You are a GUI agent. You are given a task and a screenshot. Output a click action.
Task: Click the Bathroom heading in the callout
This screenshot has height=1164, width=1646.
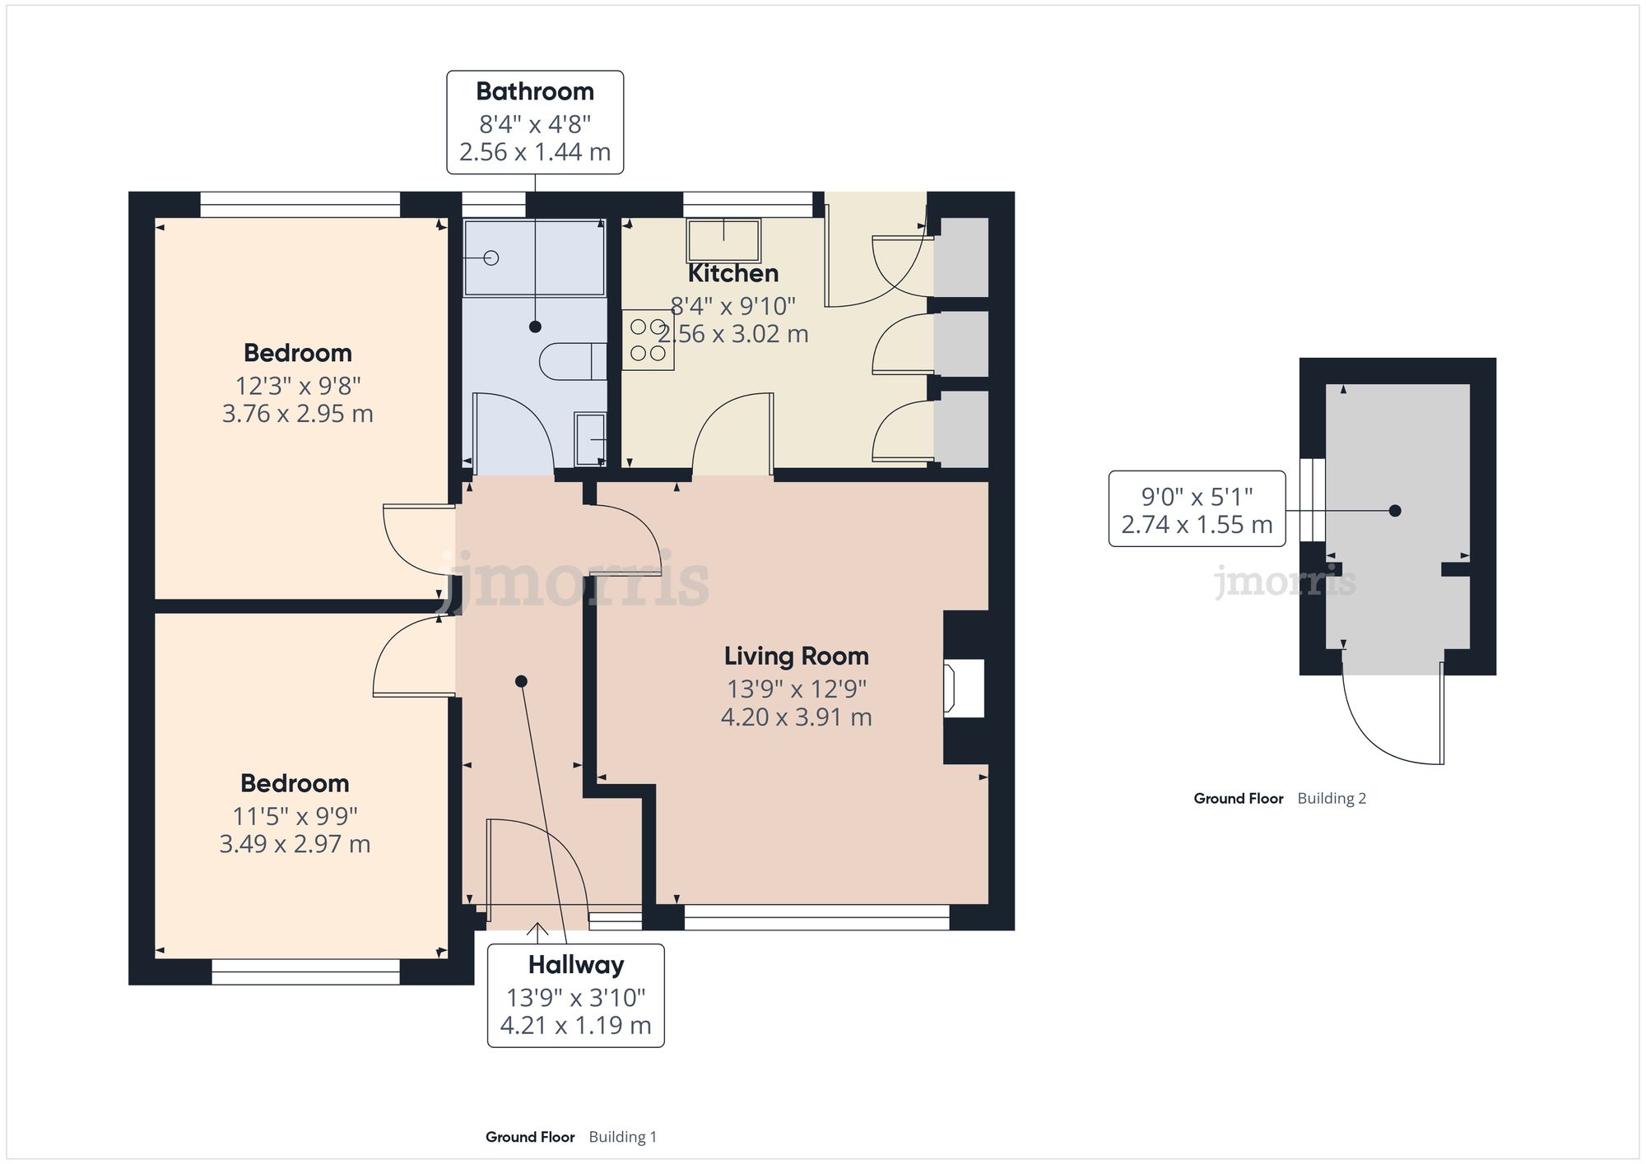pos(535,91)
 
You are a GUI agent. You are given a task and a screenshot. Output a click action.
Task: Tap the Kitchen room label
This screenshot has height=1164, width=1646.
pos(732,273)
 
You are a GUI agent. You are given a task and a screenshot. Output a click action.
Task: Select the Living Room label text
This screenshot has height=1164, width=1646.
pos(796,656)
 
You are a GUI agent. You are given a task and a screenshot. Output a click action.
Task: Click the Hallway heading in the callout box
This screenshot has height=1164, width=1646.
pos(576,964)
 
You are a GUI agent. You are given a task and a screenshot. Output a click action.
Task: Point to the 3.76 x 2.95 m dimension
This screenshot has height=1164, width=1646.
pos(297,413)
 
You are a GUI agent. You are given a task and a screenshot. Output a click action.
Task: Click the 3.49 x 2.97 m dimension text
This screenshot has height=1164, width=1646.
pos(295,844)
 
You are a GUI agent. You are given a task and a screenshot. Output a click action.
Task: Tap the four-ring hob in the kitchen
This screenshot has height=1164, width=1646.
pos(648,340)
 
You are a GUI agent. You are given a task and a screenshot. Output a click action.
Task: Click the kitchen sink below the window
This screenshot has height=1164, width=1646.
pos(723,239)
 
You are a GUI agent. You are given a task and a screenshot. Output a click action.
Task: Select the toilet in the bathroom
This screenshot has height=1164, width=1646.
pos(573,361)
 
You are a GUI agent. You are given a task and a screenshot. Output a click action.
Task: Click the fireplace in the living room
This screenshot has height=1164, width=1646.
pos(964,688)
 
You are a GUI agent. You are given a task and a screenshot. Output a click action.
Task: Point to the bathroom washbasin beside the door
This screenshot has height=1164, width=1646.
pos(590,438)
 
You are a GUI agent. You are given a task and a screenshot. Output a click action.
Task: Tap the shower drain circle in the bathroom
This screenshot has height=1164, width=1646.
pos(491,258)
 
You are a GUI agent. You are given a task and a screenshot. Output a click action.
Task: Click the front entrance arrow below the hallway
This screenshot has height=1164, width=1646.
pos(538,932)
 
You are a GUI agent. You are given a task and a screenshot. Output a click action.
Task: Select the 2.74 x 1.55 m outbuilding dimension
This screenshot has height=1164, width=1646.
pos(1197,525)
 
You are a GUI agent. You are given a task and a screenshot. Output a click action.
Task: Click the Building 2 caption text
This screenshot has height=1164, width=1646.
pos(1332,798)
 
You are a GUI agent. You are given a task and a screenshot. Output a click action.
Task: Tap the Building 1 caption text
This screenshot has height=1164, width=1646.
pos(623,1137)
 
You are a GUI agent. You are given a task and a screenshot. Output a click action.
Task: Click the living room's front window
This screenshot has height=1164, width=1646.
pos(816,917)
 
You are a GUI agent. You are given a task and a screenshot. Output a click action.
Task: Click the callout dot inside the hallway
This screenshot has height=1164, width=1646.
pos(521,681)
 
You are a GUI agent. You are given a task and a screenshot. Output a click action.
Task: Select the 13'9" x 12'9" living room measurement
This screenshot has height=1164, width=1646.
pos(796,689)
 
